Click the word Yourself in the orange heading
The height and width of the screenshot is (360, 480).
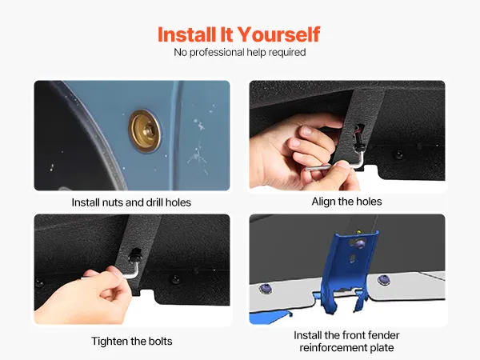[x=278, y=34]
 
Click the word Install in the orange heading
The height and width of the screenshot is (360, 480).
[x=186, y=34]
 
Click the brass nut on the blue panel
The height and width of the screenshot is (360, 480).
[x=146, y=131]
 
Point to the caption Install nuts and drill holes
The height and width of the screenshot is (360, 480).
[x=131, y=202]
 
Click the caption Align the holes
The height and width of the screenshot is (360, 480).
[x=346, y=202]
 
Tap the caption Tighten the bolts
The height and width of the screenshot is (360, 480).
[x=132, y=341]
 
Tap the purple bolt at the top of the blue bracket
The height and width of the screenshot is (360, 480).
[x=359, y=244]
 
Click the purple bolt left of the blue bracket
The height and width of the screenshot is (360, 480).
[x=266, y=288]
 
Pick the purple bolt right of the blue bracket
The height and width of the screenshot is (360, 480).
[x=383, y=280]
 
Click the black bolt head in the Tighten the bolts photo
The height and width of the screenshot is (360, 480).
[x=134, y=256]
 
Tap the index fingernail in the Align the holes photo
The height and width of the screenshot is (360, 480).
[x=306, y=130]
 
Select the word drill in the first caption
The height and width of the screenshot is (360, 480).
[x=155, y=202]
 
